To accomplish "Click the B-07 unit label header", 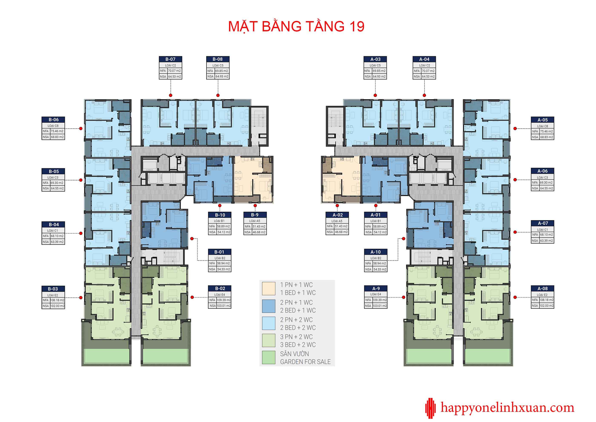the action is coord(170,59).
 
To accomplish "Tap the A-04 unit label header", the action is coord(424,59).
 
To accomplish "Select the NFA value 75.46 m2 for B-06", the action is coord(57,131).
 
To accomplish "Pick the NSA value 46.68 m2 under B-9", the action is coord(259,232).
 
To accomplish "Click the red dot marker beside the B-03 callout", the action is coord(81,298).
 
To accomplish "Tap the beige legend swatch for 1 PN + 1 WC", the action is coord(268,289).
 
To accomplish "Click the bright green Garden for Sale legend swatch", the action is coord(268,358).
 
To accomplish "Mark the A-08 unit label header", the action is coord(543,289).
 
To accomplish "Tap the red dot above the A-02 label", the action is coord(337,205).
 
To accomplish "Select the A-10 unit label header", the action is coord(376,252).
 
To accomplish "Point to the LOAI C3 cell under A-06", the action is coord(543,177).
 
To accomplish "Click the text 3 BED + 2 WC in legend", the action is coord(298,345).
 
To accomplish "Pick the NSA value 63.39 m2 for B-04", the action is coord(57,242).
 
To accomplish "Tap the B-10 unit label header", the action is coord(220,215).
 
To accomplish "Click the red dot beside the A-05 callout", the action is coord(515,128).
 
